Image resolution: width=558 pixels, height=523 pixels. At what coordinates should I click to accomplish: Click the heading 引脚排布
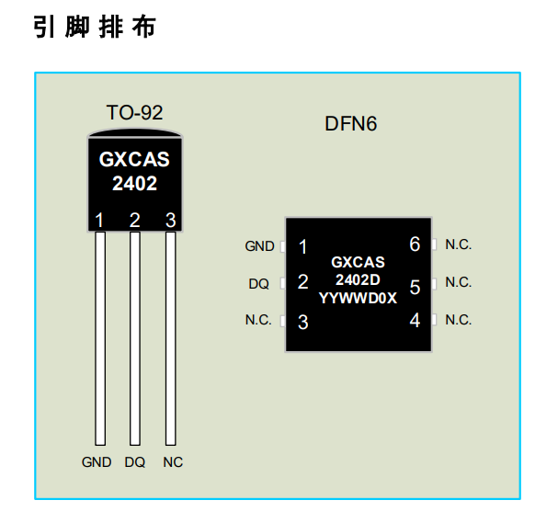(95, 27)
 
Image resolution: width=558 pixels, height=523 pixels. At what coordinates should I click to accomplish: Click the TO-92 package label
(134, 113)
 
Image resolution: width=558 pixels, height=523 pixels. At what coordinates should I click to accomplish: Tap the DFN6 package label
(351, 124)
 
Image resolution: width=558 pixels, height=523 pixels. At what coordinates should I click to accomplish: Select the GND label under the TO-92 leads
(97, 462)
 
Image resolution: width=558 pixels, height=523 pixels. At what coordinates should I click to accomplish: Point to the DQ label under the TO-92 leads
(135, 462)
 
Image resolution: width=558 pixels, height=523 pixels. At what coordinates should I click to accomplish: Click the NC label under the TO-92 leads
(173, 462)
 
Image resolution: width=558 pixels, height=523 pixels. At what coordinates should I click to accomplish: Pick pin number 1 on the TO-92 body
(99, 220)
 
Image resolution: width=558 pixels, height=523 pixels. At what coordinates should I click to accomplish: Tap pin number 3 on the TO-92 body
(170, 220)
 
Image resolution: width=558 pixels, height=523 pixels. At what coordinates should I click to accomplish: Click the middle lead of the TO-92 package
(135, 340)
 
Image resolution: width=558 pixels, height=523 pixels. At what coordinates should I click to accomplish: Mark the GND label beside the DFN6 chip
(259, 246)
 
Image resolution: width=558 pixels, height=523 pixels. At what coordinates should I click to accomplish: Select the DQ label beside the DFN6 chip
(259, 284)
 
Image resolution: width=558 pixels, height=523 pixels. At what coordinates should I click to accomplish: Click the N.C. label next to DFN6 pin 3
(258, 320)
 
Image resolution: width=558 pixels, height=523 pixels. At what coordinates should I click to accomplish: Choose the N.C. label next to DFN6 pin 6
(458, 244)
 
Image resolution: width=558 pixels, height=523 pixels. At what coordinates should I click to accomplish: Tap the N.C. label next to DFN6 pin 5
(458, 282)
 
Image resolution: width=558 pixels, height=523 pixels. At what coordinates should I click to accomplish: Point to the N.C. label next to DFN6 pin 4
(458, 320)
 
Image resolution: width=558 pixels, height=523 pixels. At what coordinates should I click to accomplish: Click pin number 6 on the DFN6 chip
(415, 244)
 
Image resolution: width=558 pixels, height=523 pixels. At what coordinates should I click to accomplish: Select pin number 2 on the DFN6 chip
(302, 283)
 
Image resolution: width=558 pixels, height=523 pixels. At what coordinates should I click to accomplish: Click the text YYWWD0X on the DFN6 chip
(358, 297)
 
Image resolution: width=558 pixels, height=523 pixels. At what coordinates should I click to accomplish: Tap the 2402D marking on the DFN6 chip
(358, 279)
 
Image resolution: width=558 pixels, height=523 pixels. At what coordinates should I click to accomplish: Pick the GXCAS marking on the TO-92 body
(134, 159)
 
